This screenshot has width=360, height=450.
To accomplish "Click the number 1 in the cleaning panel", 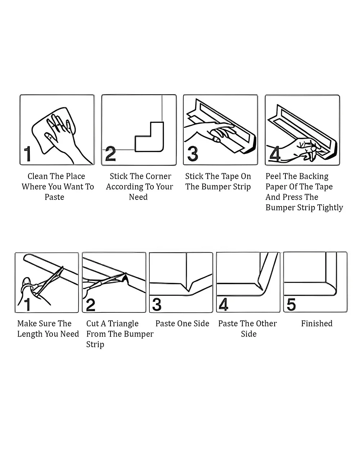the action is click(28, 154).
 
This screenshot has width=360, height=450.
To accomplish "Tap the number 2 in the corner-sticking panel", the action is click(111, 154).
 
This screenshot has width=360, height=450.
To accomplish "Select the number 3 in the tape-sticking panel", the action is click(193, 154).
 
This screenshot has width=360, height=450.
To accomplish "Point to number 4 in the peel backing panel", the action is click(274, 154).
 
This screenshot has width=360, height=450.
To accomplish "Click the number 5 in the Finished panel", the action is click(291, 304).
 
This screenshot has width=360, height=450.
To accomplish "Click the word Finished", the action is click(317, 324).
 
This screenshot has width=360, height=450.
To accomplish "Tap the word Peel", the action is click(273, 176).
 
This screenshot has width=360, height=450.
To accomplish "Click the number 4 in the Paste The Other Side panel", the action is click(224, 304).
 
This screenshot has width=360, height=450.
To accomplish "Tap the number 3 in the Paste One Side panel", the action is click(157, 304).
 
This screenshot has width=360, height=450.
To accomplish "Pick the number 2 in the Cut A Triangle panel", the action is click(91, 305).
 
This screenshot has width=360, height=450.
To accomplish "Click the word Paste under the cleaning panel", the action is click(54, 197).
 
